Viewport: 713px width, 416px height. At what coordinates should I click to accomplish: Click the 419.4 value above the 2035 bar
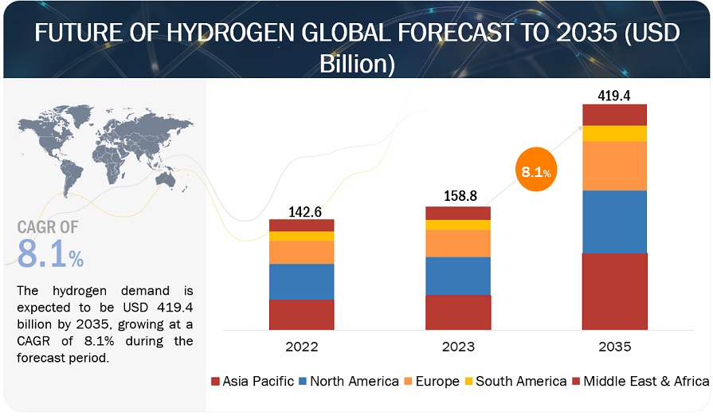614,96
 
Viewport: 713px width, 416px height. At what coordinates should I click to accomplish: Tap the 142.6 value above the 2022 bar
301,211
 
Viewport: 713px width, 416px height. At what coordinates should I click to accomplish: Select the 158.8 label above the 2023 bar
457,198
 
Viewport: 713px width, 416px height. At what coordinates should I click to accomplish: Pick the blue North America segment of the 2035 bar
614,222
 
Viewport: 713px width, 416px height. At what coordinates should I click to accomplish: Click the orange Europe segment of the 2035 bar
614,166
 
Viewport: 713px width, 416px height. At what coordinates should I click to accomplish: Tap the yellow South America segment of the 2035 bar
614,133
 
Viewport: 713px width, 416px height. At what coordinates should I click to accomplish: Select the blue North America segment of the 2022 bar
301,281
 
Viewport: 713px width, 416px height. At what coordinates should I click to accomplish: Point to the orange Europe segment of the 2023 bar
457,243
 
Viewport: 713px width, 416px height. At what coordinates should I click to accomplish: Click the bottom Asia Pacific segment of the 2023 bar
457,312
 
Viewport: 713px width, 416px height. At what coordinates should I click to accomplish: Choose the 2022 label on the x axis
301,347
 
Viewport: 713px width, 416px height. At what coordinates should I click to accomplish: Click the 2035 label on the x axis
614,347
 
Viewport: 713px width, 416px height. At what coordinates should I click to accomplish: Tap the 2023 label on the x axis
457,347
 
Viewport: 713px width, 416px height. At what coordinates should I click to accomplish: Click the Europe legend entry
431,382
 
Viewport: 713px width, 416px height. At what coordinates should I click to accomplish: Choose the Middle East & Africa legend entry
641,382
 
